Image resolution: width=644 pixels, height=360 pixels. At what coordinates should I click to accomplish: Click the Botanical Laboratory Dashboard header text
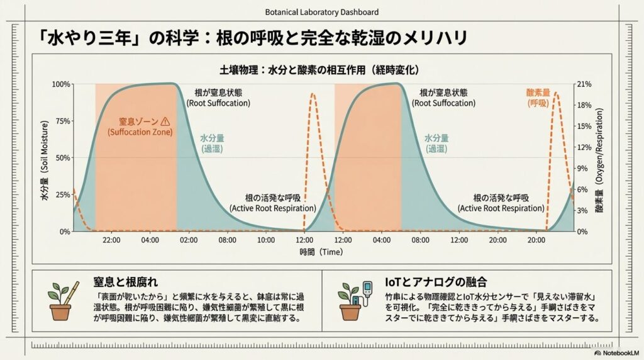(x=321, y=12)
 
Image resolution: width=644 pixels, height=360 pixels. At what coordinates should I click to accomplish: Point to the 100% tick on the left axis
(x=62, y=84)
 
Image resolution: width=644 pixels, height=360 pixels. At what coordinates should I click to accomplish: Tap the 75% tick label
(x=64, y=121)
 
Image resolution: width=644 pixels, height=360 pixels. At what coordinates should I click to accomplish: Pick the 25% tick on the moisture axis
(x=64, y=194)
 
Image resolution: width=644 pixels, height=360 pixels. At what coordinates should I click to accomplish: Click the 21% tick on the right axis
(x=584, y=84)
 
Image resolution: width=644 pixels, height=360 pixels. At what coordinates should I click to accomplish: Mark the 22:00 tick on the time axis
(x=112, y=240)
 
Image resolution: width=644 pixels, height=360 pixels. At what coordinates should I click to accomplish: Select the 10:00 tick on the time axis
(x=266, y=240)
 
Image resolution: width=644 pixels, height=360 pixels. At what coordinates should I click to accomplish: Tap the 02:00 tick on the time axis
(x=189, y=240)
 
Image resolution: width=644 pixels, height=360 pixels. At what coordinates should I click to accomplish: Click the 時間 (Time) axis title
(x=321, y=252)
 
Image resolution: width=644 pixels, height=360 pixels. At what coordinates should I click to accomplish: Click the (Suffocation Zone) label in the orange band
(x=136, y=133)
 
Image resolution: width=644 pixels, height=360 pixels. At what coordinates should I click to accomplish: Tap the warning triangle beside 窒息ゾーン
(x=165, y=121)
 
